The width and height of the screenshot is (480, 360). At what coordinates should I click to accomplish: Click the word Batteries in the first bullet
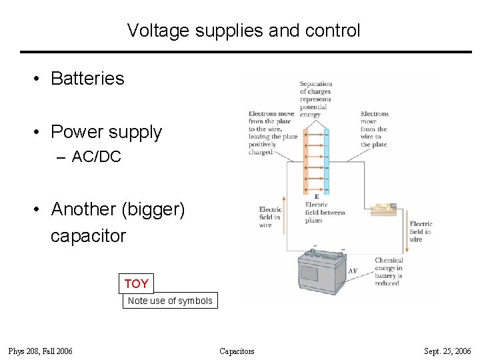pos(87,79)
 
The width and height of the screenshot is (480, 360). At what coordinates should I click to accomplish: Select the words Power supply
pos(106,132)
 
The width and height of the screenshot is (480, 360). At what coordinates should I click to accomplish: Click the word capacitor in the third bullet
pos(88,236)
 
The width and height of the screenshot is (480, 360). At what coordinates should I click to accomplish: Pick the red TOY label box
pos(136,284)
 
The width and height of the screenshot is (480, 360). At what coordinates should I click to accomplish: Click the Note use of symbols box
pos(170,301)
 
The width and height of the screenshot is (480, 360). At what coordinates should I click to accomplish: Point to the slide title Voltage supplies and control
pos(243,31)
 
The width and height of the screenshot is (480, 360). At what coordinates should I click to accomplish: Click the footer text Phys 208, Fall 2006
pos(41,351)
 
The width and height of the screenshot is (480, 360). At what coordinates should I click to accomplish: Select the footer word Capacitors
pos(237,351)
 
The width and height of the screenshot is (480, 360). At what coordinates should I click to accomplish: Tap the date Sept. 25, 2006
pos(447,351)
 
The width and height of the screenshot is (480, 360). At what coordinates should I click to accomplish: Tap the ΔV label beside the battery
pos(353,271)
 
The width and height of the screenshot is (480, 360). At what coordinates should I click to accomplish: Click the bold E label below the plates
pos(316,197)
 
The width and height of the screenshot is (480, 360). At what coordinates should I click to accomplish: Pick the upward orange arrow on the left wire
pos(285,214)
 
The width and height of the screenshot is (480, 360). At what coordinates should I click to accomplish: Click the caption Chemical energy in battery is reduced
pos(389,272)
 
